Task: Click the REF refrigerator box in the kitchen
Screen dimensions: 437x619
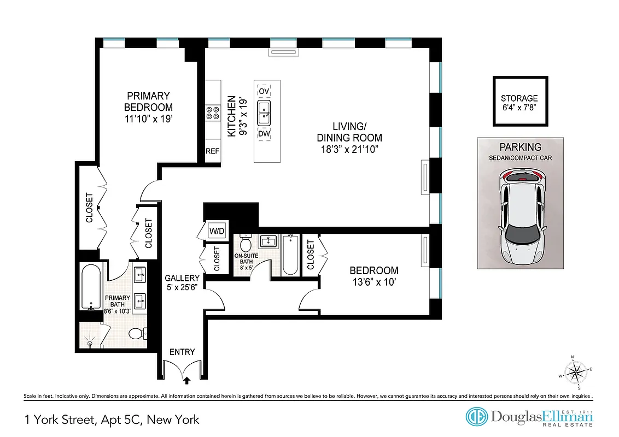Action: pos(212,151)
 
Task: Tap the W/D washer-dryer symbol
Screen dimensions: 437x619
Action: pos(217,231)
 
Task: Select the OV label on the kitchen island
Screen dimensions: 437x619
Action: pos(265,91)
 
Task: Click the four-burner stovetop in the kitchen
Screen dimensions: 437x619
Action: pos(212,112)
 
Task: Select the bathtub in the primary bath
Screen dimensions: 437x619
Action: pos(90,286)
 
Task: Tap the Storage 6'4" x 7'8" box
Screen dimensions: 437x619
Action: pos(519,102)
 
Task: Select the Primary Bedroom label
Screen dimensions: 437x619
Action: pos(148,107)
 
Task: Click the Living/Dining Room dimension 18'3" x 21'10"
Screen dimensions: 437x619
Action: pos(349,148)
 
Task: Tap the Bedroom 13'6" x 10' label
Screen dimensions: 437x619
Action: pos(374,276)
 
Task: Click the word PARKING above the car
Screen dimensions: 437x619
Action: pos(521,147)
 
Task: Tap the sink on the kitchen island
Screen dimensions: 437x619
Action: pos(265,111)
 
